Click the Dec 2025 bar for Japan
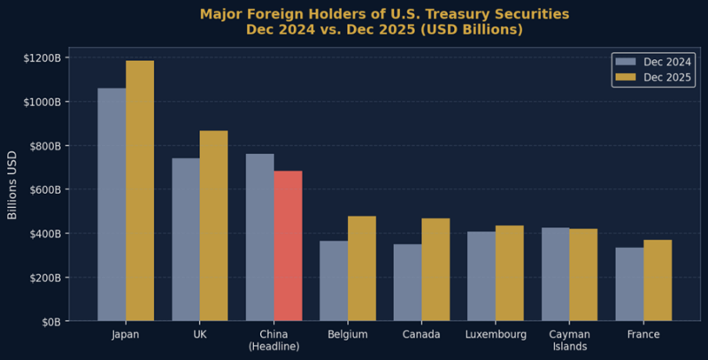tap(140, 190)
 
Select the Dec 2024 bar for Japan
tap(112, 204)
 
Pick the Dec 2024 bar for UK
tap(186, 240)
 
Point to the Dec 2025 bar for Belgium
tap(362, 268)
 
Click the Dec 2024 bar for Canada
tap(408, 282)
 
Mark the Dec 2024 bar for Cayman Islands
tap(556, 274)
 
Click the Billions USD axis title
tap(12, 189)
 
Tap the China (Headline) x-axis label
tap(273, 341)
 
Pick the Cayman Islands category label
tap(569, 341)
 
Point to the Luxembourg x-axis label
tap(496, 335)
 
